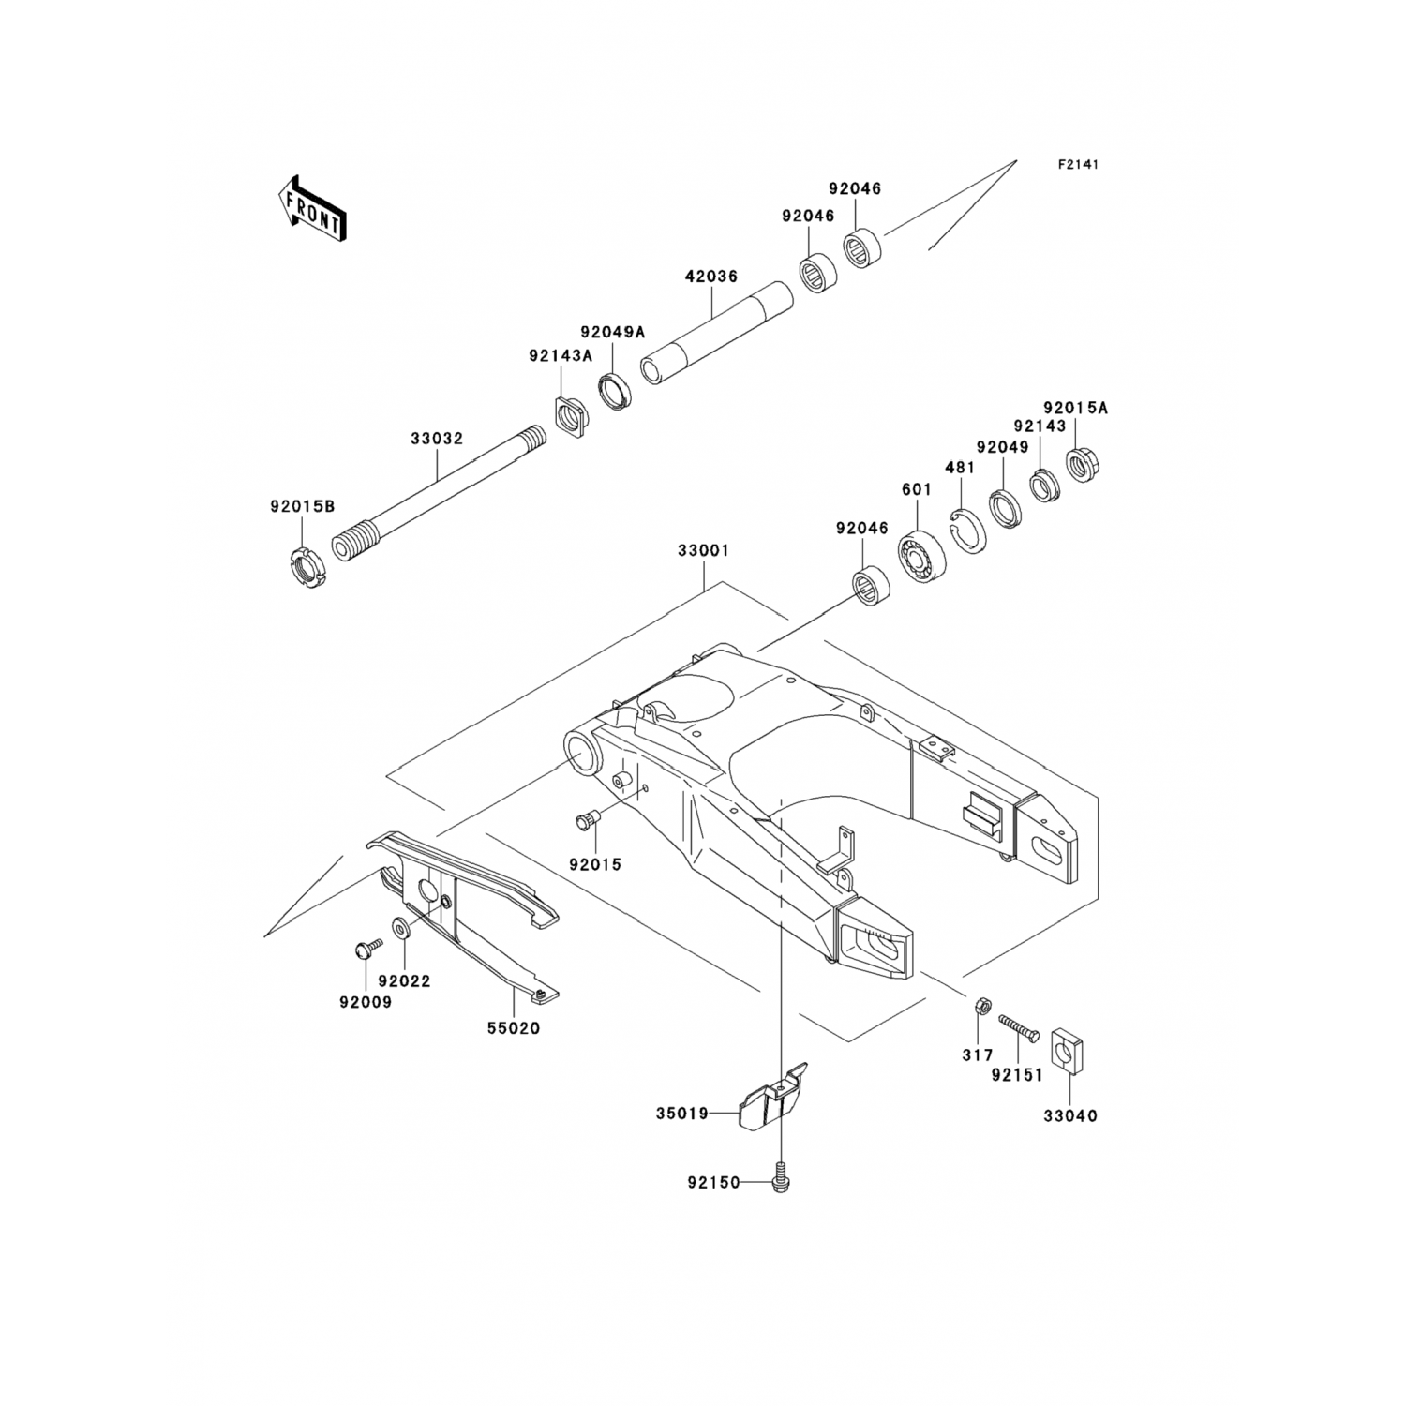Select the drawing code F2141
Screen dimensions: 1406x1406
(x=1078, y=164)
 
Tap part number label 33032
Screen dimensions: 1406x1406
(x=436, y=438)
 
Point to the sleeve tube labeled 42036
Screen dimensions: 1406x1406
(x=714, y=333)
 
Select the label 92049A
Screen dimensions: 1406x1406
(x=612, y=331)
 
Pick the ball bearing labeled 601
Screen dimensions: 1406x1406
(x=922, y=555)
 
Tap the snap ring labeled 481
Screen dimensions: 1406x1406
(x=967, y=529)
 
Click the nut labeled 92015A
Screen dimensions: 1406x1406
(x=1084, y=464)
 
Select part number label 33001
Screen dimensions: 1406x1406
(x=703, y=551)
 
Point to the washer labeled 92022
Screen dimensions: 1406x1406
(x=401, y=927)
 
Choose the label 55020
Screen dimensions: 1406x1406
(x=513, y=1028)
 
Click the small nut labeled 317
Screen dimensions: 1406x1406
(x=978, y=1007)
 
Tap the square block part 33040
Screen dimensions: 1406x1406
(x=1069, y=1050)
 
